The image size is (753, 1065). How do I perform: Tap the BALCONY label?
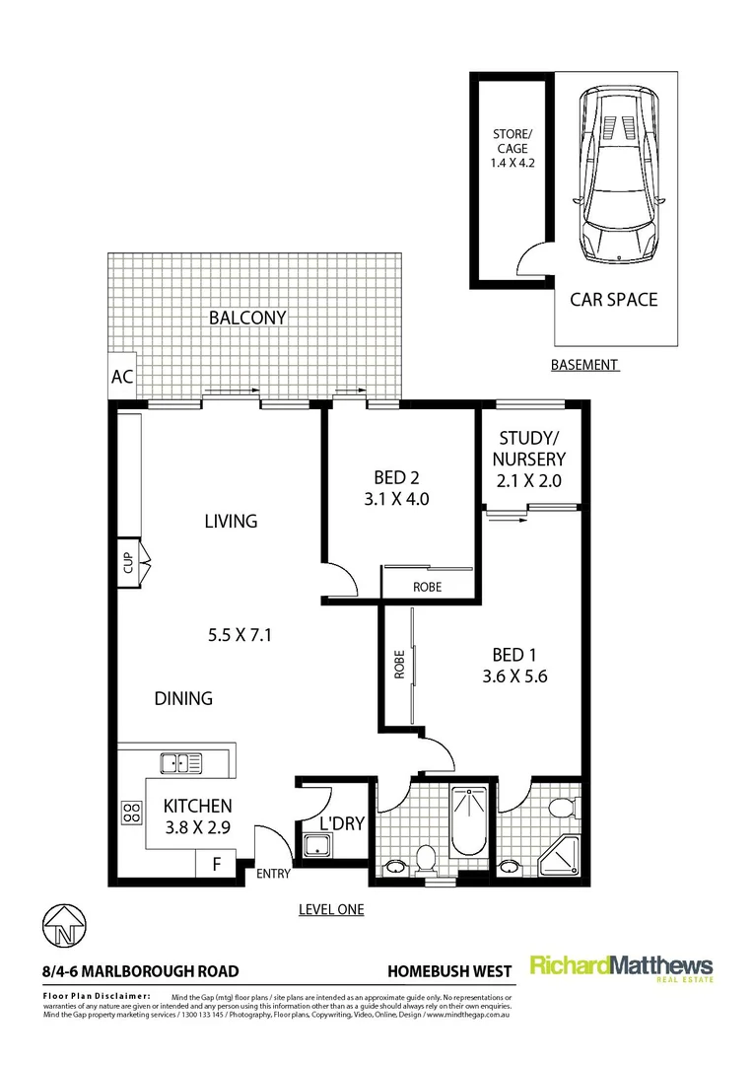coord(246,318)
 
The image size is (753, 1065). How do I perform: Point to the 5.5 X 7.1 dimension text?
coord(240,636)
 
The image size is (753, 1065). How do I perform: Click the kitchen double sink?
coord(181,761)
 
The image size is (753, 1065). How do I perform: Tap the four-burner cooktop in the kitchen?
coord(130,814)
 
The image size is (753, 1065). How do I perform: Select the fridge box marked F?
coord(217,865)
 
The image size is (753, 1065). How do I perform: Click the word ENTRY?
coord(273,874)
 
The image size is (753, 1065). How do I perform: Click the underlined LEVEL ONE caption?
coord(331,909)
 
